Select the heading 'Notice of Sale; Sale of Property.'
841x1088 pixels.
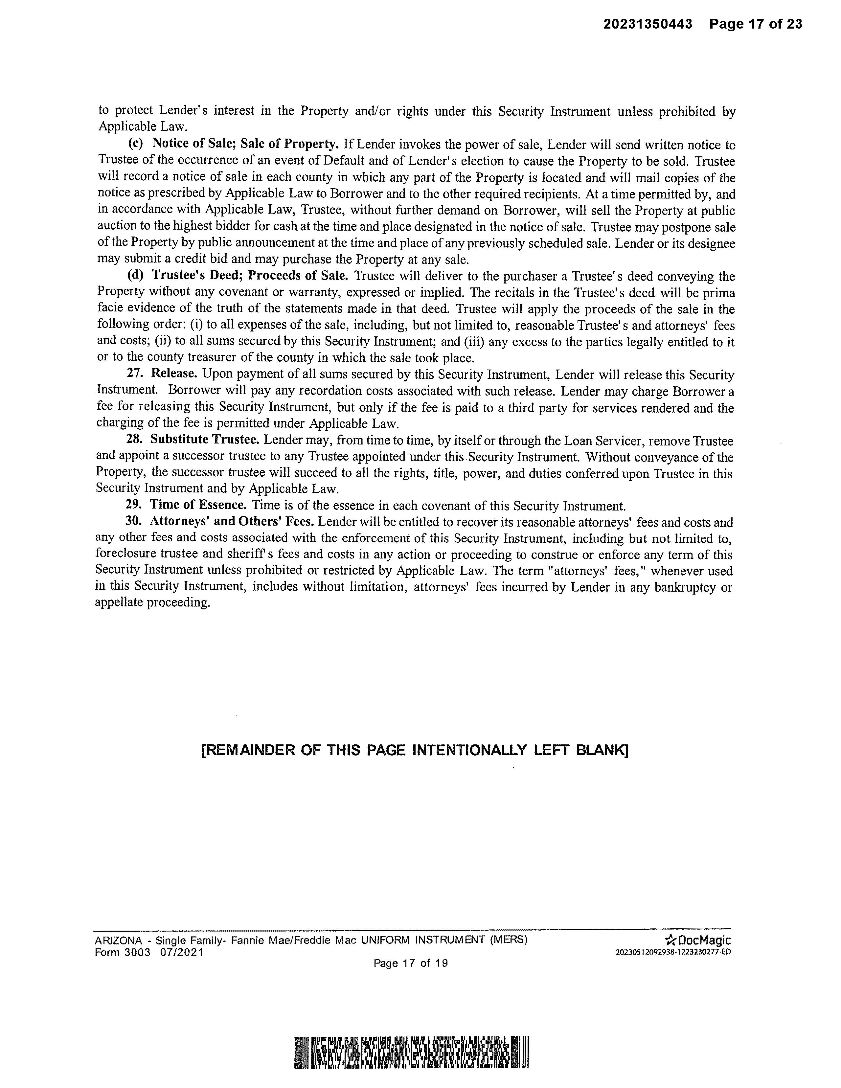(x=245, y=144)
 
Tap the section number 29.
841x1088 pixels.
(x=132, y=505)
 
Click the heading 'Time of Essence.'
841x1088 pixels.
(x=198, y=505)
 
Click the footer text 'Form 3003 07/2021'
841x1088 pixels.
(x=149, y=953)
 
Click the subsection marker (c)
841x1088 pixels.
(x=136, y=144)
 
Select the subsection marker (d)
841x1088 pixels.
(x=136, y=276)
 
